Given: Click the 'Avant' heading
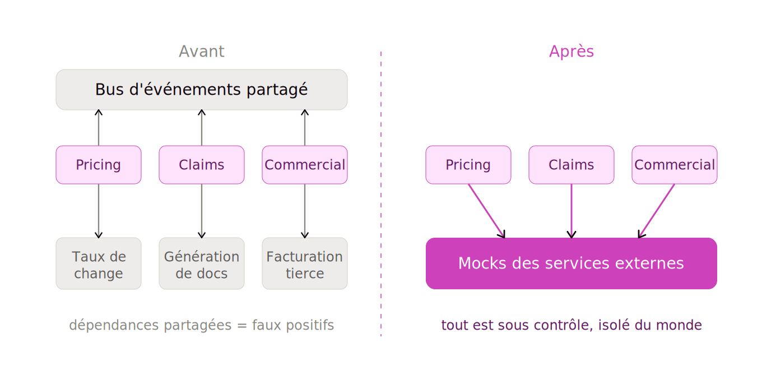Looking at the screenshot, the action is click(201, 52).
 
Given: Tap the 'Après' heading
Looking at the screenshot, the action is click(571, 52).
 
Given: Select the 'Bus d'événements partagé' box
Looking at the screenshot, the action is click(202, 90).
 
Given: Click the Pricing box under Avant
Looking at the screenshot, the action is click(99, 165).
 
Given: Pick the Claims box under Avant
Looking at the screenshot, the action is click(202, 165).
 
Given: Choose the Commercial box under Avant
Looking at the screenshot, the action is click(305, 165).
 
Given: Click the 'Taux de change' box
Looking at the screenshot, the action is click(99, 263).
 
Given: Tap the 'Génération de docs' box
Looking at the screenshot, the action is click(202, 263).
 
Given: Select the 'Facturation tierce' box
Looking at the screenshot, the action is click(305, 263).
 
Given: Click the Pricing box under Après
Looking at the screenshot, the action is click(468, 165).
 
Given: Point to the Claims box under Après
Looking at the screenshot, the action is click(571, 165).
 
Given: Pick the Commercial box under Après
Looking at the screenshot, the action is click(675, 165).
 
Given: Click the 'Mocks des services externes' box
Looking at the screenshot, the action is click(571, 263).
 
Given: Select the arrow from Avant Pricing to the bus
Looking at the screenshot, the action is click(99, 128).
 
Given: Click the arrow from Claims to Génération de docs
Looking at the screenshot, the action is click(202, 211).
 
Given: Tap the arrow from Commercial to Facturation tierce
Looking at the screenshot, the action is click(305, 211).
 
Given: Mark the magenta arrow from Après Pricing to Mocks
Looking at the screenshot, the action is click(486, 211).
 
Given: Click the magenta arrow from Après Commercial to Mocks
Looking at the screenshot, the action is click(657, 211).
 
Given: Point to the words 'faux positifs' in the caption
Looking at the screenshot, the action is click(293, 325).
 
